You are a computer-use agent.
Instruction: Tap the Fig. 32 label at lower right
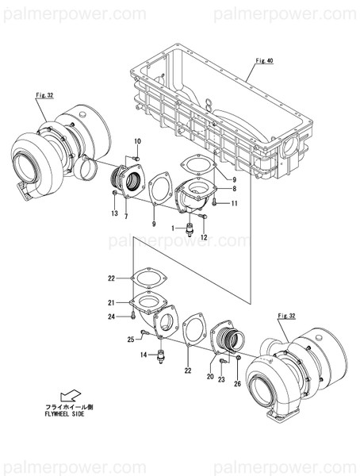308,316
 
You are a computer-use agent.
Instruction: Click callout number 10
136,141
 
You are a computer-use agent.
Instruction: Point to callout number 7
125,217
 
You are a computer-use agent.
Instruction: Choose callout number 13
114,214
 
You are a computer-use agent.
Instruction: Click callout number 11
236,204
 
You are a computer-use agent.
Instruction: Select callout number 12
204,237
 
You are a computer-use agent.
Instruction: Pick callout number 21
112,302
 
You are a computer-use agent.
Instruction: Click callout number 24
112,317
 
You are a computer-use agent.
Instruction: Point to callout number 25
130,340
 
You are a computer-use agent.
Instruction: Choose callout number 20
210,376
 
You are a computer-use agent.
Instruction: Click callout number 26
236,385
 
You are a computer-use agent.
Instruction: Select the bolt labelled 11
217,204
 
